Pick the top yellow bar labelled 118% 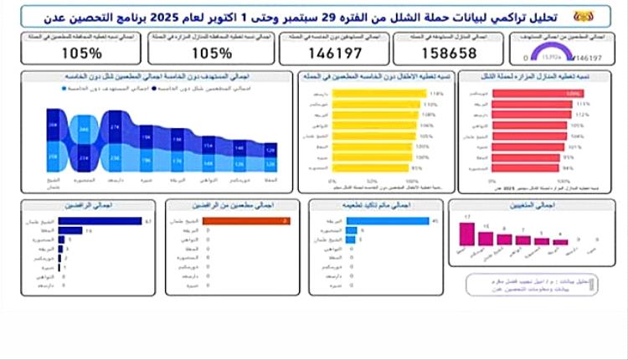pyautogui.click(x=381, y=93)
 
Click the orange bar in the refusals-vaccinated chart pyautogui.click(x=251, y=221)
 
